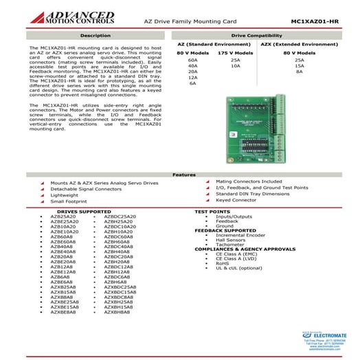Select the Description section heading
(95, 34)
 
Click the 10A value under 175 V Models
(235, 65)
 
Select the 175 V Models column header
(234, 52)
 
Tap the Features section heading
(180, 175)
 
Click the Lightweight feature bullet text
(63, 194)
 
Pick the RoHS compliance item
(223, 262)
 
